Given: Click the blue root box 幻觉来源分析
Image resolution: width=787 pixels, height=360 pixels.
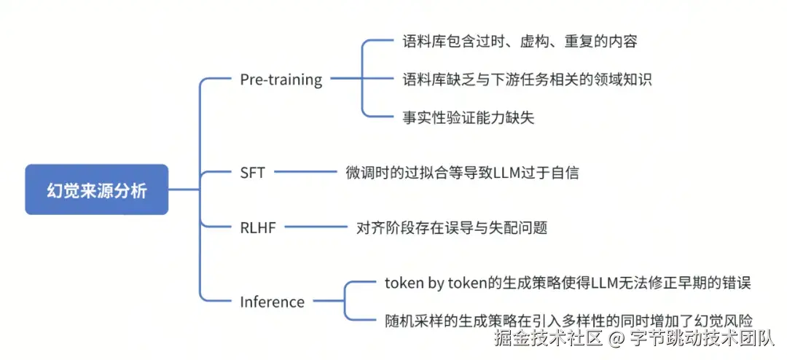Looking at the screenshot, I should click(x=96, y=190).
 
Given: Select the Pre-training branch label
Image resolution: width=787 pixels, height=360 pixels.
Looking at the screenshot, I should click(x=281, y=79).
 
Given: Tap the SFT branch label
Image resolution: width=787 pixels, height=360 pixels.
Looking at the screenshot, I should click(x=252, y=173).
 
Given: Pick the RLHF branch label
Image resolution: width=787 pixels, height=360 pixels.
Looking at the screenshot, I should click(x=257, y=227).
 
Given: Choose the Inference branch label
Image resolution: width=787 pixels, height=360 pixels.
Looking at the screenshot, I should click(x=272, y=302).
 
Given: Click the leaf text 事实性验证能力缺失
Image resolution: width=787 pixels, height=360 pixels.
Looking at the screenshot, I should click(x=469, y=117).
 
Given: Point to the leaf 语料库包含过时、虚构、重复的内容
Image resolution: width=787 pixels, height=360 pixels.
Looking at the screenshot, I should click(x=520, y=42).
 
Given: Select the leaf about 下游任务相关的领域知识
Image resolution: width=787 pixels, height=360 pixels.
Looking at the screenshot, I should click(x=527, y=79).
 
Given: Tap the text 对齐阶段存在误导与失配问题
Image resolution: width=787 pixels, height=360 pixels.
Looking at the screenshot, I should click(x=451, y=227).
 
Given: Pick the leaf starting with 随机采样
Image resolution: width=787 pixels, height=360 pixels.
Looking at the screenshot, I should click(x=568, y=319).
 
